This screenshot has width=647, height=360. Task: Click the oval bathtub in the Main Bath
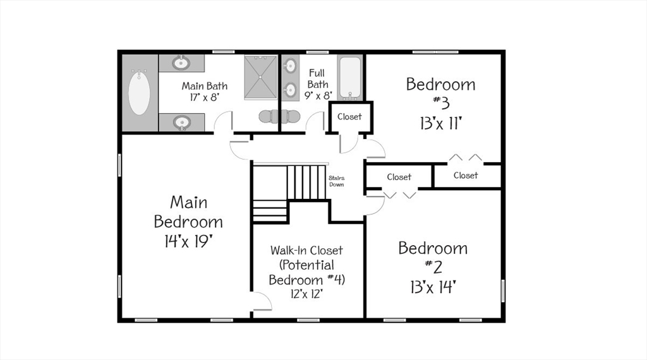140,93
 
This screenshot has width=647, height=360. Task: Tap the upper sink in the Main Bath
181,63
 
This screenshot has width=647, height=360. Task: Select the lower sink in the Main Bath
181,122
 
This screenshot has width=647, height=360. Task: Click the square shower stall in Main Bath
260,76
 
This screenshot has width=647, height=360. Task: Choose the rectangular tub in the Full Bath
349,77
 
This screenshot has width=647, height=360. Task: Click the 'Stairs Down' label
337,181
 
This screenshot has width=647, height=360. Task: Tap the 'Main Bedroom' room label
188,212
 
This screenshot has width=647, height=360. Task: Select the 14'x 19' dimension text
188,241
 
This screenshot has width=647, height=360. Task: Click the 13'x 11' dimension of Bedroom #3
440,122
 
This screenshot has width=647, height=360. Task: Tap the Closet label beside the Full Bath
349,116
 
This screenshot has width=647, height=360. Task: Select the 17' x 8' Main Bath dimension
204,97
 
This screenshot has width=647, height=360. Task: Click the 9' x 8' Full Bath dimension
318,95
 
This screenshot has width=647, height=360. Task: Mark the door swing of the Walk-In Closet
261,302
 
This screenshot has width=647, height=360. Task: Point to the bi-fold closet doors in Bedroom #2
400,195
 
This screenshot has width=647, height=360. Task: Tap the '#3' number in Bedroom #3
440,102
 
